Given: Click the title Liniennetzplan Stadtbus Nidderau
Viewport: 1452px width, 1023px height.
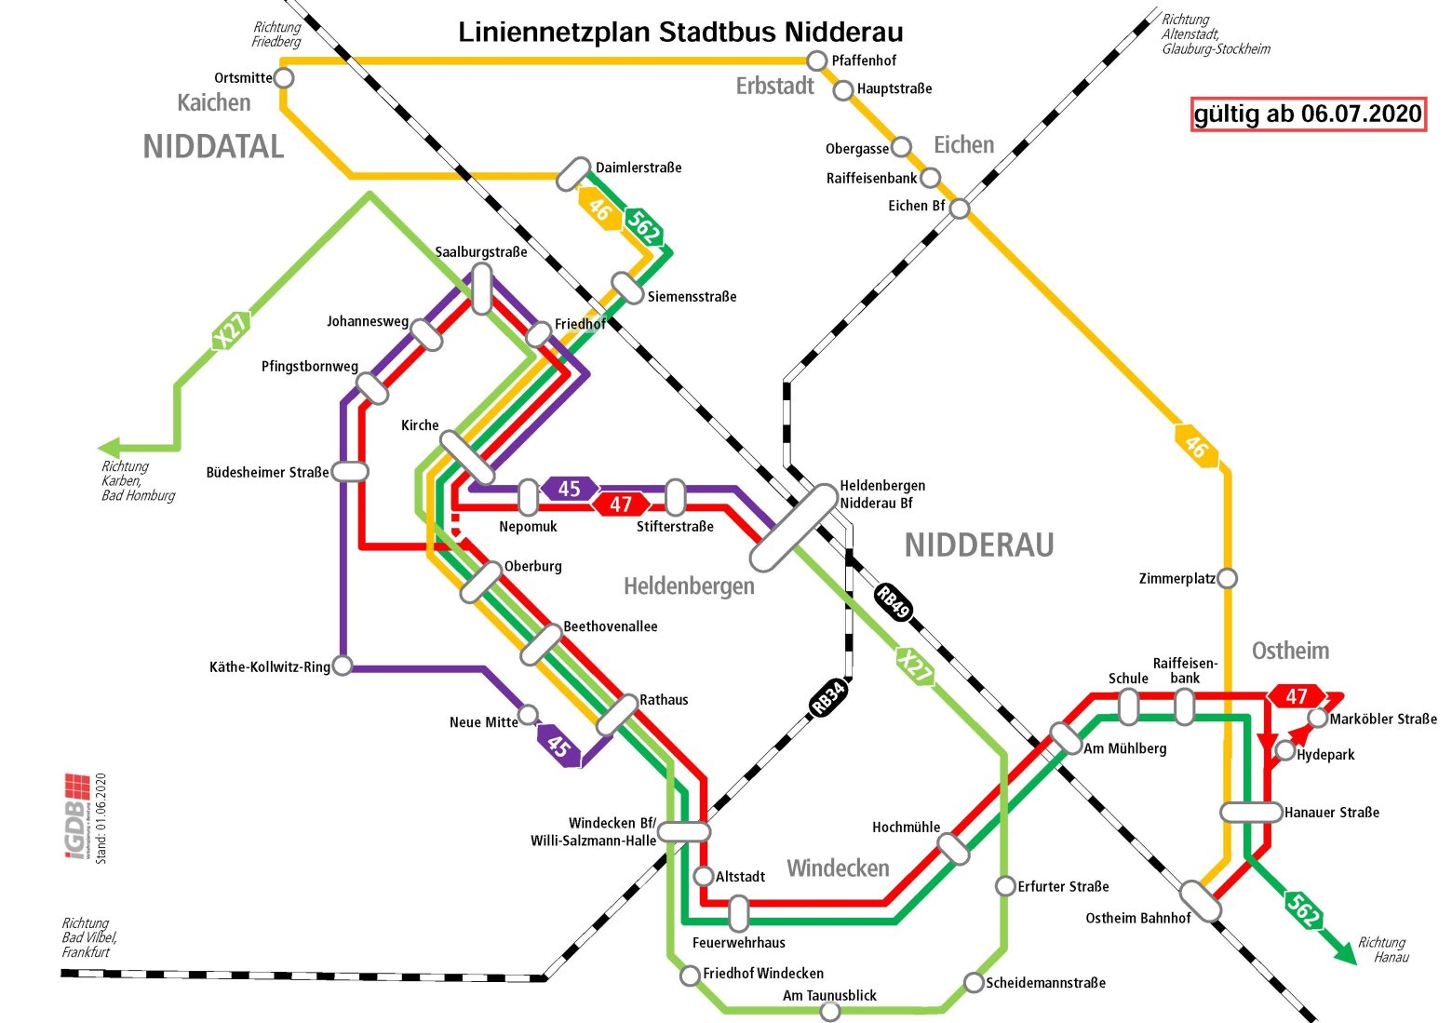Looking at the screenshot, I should point(680,33).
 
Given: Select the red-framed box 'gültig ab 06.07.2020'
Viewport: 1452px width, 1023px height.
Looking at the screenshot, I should point(1308,114).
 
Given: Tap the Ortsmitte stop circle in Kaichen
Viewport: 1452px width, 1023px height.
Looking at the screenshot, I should point(284,77).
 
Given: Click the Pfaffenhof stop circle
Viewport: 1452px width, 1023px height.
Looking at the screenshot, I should point(816,61).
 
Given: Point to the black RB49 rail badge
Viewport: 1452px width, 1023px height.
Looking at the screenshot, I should point(894,603).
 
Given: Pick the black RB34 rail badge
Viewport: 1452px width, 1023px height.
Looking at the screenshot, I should point(828,697).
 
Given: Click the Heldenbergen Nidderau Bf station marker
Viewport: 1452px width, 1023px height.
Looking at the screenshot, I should point(794,527).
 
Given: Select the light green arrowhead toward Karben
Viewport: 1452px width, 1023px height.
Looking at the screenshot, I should point(111,447).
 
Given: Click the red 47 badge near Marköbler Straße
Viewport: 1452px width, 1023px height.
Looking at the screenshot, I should point(1297,696).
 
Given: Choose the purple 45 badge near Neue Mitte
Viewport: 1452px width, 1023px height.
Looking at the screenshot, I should point(558,746).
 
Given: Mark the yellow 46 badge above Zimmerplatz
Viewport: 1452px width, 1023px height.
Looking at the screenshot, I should point(1196,447).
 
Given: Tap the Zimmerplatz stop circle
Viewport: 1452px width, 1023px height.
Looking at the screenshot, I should point(1228,578).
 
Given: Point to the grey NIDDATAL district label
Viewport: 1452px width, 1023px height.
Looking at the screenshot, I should point(213,146).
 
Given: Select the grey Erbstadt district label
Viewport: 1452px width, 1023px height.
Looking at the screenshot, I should point(774,87).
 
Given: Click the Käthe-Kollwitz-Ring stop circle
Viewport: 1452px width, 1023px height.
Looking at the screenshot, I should point(343,666).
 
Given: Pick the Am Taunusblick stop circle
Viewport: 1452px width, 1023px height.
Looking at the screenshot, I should point(830,1011).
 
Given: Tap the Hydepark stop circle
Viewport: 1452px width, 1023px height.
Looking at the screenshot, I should point(1285,750).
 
